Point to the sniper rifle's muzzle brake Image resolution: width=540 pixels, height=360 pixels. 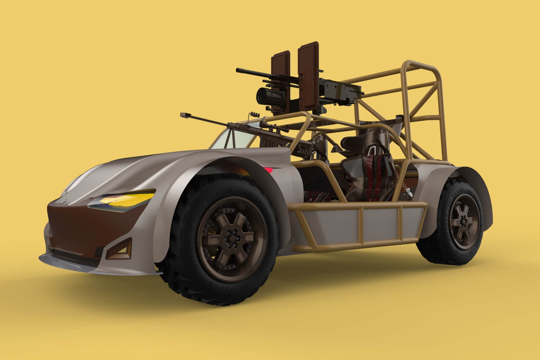pyautogui.click(x=186, y=114)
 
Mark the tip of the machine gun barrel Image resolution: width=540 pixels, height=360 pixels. pyautogui.click(x=238, y=69)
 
